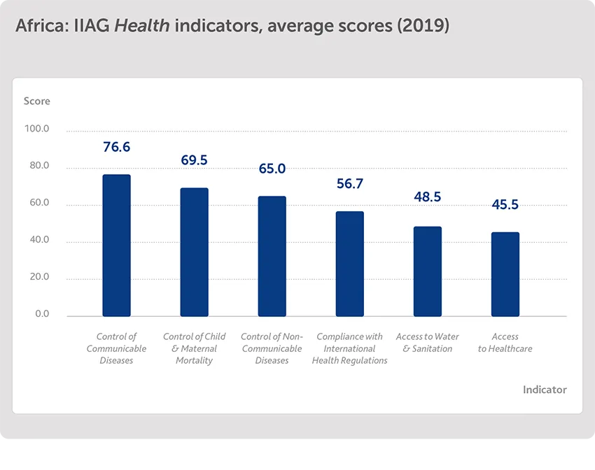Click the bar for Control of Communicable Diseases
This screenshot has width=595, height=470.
[x=116, y=245]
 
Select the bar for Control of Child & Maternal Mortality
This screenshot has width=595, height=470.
[x=194, y=252]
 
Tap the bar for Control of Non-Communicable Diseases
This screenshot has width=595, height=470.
[x=272, y=256]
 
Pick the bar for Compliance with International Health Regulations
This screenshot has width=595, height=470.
[x=349, y=264]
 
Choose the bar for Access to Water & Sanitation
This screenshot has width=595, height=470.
[x=427, y=271]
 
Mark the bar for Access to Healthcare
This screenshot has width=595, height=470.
[x=505, y=274]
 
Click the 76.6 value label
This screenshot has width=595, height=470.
[x=116, y=148]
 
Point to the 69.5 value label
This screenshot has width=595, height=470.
[x=194, y=160]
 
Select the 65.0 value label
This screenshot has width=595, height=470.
[x=272, y=169]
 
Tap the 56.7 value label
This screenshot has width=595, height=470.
[x=349, y=184]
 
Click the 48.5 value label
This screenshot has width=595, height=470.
[x=427, y=197]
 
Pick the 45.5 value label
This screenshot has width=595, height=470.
[x=505, y=205]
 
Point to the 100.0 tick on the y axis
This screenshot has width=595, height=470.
[x=36, y=129]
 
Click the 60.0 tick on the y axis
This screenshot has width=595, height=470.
[x=38, y=204]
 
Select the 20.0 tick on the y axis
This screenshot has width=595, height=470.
[x=38, y=277]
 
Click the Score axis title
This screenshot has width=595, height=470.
[x=37, y=101]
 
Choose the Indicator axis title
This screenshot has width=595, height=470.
[x=545, y=390]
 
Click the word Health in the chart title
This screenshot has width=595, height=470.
[x=143, y=27]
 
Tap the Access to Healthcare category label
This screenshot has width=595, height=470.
[x=505, y=343]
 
